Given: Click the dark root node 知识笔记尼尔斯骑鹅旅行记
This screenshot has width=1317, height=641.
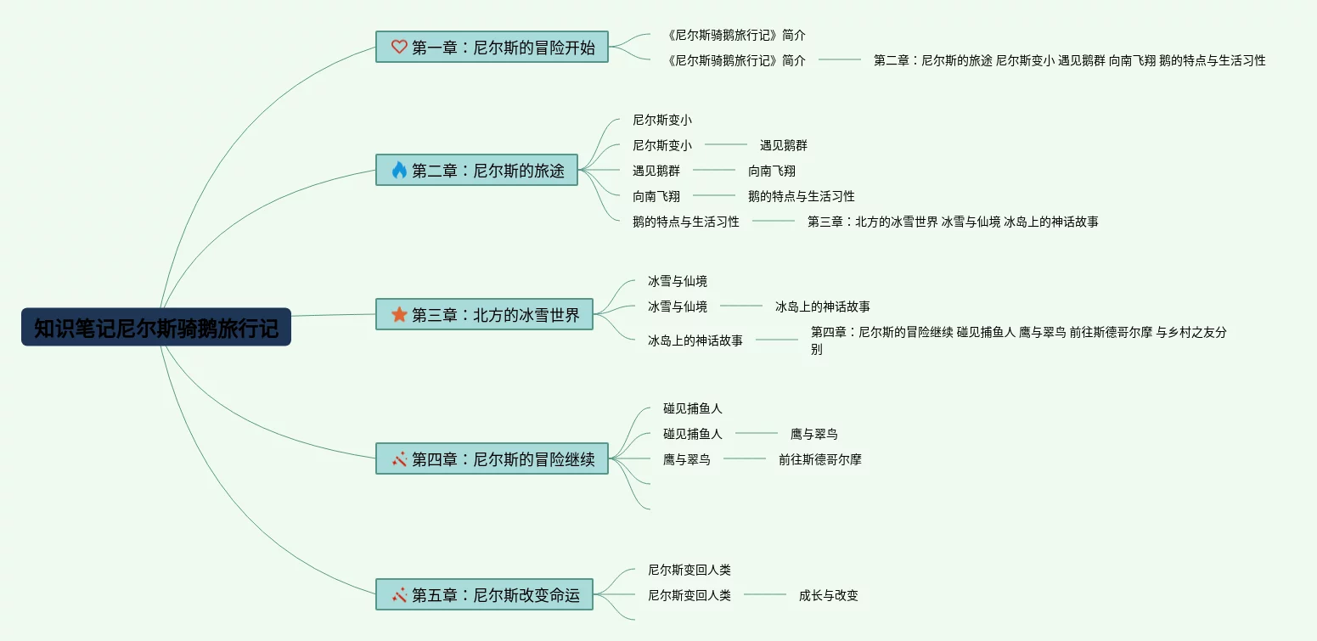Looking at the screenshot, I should tap(156, 327).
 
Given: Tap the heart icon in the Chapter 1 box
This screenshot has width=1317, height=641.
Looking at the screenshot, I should tap(399, 47).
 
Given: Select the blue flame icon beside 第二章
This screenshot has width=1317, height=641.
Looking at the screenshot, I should tap(399, 170).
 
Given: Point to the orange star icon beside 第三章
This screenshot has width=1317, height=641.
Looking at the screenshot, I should tap(399, 314).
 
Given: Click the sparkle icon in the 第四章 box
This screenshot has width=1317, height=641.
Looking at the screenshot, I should tap(399, 458).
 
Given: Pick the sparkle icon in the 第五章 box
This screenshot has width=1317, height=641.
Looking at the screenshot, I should tap(399, 594).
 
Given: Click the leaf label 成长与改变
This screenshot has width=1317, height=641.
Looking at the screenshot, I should tap(828, 595).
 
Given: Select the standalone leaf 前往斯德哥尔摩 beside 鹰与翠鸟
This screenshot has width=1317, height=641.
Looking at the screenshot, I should tap(819, 459).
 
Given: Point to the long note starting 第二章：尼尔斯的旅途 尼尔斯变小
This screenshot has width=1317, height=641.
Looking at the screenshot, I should tap(1069, 60).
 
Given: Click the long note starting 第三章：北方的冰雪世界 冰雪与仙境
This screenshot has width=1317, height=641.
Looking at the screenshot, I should tap(952, 222).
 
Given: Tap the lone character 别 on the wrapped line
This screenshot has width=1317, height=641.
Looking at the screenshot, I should tap(816, 349).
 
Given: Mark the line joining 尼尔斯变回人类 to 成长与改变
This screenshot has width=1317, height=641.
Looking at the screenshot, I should tap(765, 594).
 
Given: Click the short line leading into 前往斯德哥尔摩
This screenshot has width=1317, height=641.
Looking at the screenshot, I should tap(745, 458).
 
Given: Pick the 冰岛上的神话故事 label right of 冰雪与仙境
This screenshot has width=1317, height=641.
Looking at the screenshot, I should tap(822, 306).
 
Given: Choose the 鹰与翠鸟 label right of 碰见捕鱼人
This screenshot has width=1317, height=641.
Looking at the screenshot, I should tap(813, 434).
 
